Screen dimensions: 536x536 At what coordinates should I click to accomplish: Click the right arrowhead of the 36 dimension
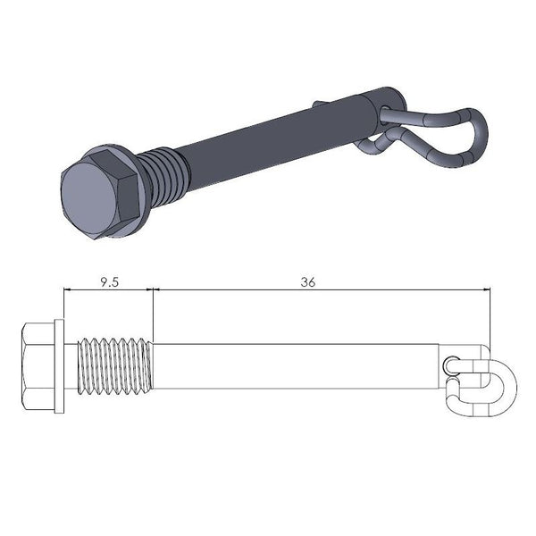(x=489, y=289)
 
